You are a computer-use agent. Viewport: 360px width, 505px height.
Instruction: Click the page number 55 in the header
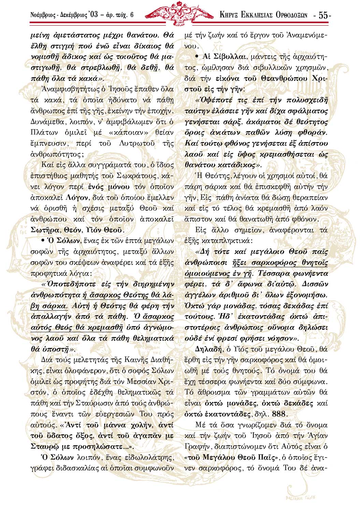[x=323, y=15]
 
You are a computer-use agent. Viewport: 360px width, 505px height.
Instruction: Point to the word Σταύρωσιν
[x=96, y=403]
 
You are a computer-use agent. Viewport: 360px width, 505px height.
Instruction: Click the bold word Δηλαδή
[x=208, y=349]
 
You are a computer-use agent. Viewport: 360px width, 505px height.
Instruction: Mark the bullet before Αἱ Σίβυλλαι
[x=197, y=57]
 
